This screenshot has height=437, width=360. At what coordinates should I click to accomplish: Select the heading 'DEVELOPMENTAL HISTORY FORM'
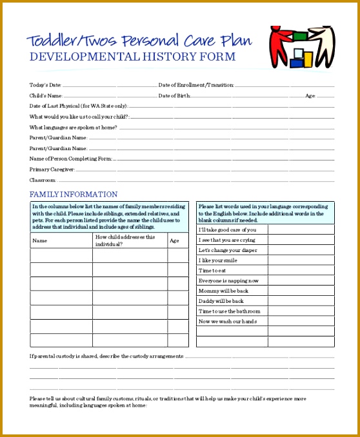click(133, 57)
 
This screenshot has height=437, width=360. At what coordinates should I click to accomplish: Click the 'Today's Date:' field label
click(45, 85)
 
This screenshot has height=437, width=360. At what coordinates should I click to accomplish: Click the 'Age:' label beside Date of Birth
click(310, 95)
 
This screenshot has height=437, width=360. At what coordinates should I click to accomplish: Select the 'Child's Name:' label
click(46, 95)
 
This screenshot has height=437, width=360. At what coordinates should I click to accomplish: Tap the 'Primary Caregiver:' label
click(52, 170)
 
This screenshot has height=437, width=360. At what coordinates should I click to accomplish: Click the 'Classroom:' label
click(43, 180)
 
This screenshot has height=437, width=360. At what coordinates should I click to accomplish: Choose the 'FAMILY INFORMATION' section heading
click(74, 194)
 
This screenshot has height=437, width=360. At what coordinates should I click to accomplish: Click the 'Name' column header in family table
click(40, 240)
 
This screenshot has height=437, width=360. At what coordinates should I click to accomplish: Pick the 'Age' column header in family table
click(174, 240)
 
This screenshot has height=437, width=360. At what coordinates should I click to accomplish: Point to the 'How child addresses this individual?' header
click(125, 240)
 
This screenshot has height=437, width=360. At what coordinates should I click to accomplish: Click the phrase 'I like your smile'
click(218, 260)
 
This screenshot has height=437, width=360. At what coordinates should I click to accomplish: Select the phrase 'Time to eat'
click(212, 270)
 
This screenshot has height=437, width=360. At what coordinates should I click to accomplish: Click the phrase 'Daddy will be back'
click(221, 301)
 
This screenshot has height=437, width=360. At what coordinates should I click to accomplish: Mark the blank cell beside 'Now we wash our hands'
click(301, 321)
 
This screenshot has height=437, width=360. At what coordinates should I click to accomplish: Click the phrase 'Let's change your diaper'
click(227, 250)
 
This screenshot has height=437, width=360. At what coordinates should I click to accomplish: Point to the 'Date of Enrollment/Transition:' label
click(196, 85)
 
